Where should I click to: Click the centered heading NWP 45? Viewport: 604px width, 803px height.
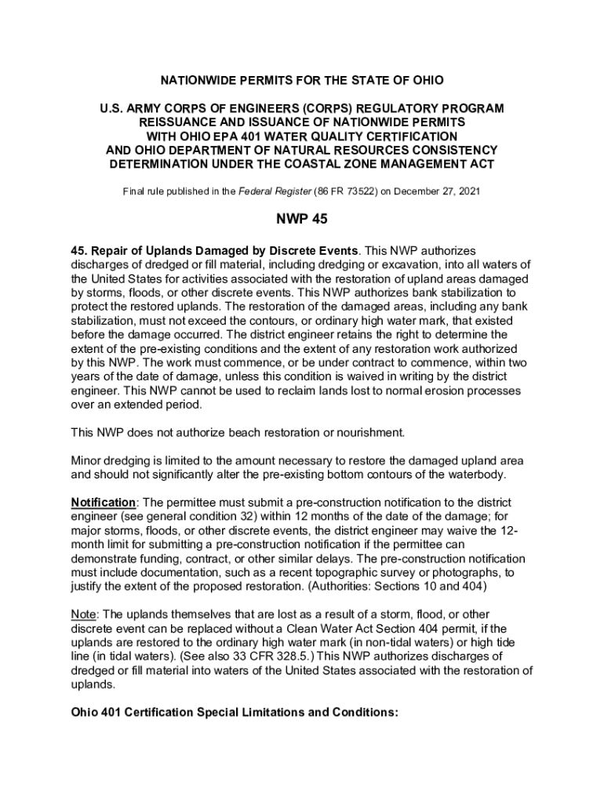coord(302,220)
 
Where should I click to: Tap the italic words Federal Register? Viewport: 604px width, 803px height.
coord(272,191)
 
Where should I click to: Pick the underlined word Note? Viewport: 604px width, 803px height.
coord(86,614)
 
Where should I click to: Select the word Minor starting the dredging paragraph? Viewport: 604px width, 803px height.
coord(88,460)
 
